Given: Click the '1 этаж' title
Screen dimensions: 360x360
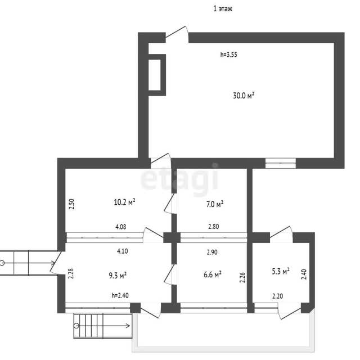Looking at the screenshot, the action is coord(223,9).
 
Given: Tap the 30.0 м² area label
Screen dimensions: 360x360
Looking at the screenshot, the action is coord(244,95).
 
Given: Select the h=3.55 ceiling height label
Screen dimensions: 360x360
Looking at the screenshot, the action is coord(229,55).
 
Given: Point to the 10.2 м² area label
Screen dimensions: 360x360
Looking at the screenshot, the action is coord(124,202).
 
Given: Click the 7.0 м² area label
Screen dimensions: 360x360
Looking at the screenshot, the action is coord(215,204).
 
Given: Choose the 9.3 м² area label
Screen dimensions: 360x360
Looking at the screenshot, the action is coord(118,275).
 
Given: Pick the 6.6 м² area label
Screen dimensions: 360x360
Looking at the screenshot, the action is coord(213,274).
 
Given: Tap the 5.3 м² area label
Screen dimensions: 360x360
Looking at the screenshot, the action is coord(281,271).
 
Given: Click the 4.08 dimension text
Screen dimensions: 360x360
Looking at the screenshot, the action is coord(121,227).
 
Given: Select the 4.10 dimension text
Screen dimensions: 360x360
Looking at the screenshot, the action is coord(123,251).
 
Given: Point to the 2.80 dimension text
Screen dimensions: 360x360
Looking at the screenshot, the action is coord(214,227).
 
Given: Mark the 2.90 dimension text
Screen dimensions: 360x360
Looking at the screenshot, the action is coord(212,252).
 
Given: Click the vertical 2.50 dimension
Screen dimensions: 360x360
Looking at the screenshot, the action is coord(72,204).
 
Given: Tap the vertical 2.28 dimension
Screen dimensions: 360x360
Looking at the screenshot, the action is coord(71,274).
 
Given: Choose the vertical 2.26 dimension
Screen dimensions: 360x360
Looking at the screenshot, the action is coord(242,277).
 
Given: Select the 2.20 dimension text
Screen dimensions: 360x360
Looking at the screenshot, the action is coord(277,296).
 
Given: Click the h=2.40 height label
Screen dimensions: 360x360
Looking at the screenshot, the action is coord(120,295).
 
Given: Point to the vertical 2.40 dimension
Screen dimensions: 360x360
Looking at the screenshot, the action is coord(304,274).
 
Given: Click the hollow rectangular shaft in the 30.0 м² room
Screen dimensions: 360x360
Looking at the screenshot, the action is coord(157,75).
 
